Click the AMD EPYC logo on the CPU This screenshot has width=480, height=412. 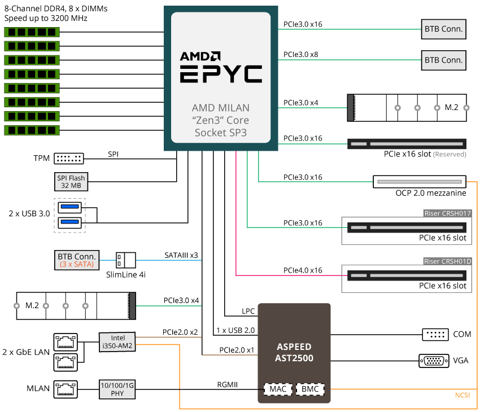pos(221,68)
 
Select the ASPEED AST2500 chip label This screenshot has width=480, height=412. pos(294,352)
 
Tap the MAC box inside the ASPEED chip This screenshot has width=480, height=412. pos(278,389)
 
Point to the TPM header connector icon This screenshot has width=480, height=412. pos(69,159)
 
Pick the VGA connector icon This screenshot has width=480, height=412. pos(434,360)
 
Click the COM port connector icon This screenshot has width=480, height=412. pos(435,334)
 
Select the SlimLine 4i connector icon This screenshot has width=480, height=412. pos(126,260)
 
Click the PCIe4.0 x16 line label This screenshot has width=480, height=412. pos(303,270)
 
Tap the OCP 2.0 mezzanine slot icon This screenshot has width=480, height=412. pos(419,182)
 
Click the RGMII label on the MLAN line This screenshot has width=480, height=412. pos(228,384)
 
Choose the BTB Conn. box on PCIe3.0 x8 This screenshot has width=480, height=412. pos(443,59)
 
